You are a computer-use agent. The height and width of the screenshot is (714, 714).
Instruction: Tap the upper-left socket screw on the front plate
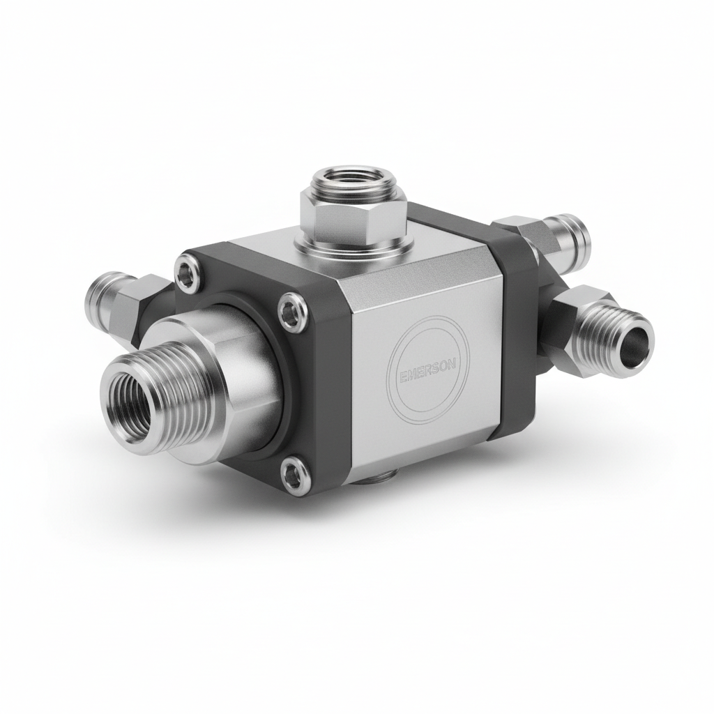coord(186,273)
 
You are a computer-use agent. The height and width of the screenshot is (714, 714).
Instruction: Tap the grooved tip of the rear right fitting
coord(573,234)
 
